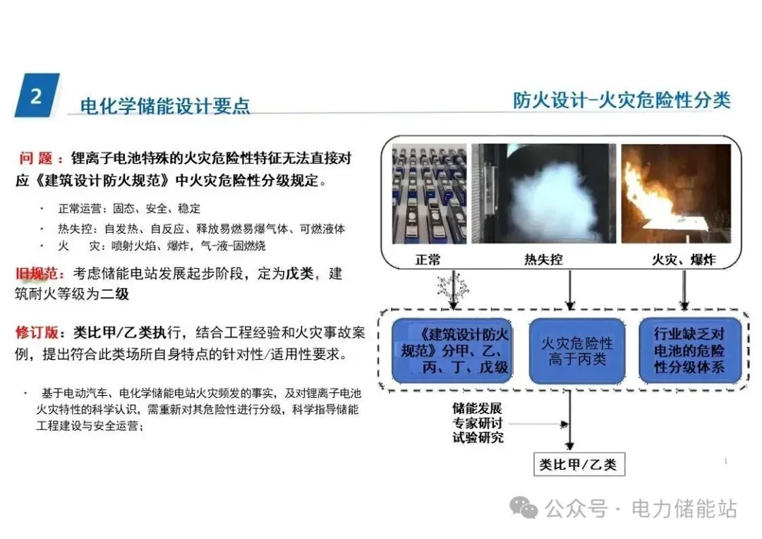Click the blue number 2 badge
tap(37, 95)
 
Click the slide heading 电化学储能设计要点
tap(165, 107)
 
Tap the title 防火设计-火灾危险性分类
tap(621, 99)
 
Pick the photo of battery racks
tap(427, 195)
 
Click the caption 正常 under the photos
tap(428, 260)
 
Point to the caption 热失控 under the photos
tap(543, 260)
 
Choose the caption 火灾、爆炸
tap(682, 260)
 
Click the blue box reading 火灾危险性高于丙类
tap(576, 351)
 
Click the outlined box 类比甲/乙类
tap(577, 464)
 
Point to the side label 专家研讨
tap(478, 423)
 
